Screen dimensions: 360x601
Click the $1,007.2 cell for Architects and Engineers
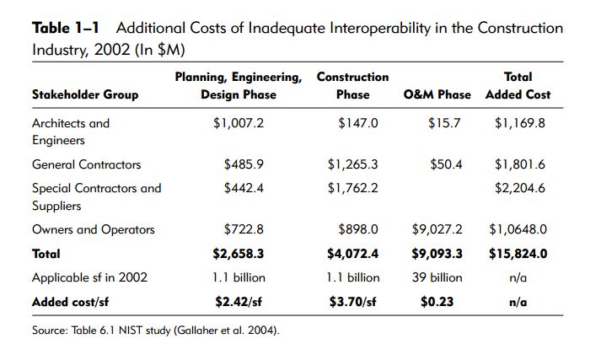pos(239,123)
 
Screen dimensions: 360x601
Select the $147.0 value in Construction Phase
pos(358,123)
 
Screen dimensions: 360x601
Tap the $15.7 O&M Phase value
pos(445,123)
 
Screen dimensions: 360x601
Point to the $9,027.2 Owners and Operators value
pos(437,229)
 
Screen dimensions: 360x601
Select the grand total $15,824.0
pos(518,253)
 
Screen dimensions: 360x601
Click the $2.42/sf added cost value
pos(239,301)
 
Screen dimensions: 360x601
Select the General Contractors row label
pos(86,164)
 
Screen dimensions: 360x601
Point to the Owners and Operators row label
pos(94,229)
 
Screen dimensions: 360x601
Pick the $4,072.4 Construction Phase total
pos(352,253)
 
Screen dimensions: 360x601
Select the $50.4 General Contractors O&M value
pos(446,164)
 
